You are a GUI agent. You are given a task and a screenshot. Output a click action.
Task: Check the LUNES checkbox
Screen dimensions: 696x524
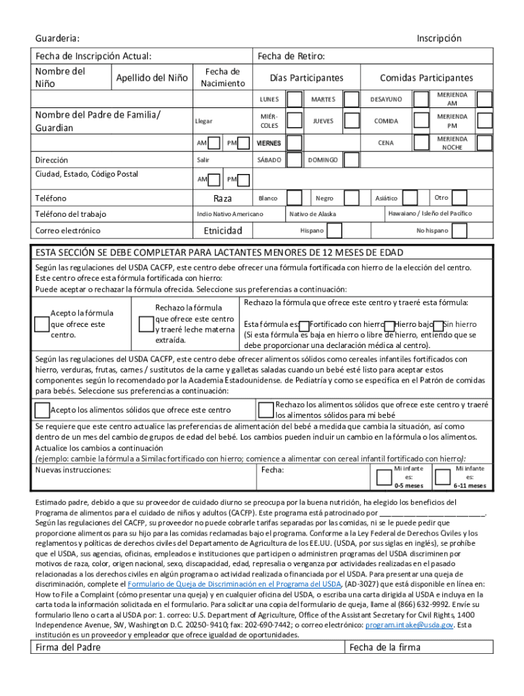(295, 100)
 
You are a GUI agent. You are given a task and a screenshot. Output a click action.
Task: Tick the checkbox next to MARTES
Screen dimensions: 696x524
(350, 100)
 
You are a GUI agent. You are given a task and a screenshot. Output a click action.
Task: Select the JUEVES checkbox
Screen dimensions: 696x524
(350, 122)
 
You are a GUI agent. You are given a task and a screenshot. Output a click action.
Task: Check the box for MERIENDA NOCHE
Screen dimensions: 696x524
(484, 143)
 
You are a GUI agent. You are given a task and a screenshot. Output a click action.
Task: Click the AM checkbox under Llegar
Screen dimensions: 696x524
(214, 143)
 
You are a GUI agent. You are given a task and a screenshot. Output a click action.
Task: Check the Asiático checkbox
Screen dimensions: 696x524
(410, 198)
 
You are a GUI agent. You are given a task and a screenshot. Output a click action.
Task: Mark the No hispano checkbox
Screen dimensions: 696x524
(460, 230)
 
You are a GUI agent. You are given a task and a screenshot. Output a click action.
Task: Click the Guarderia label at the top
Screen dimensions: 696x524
(57, 39)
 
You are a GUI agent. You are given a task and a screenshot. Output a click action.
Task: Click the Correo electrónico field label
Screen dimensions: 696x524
(67, 230)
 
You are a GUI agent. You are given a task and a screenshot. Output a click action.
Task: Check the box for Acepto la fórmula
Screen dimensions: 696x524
(42, 324)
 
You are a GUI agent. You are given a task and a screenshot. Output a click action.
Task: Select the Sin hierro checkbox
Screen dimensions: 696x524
(439, 326)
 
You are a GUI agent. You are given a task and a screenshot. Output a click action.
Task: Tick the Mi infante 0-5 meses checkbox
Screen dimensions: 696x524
(382, 477)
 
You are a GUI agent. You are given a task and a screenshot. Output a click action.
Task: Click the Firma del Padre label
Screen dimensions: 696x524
(68, 647)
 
